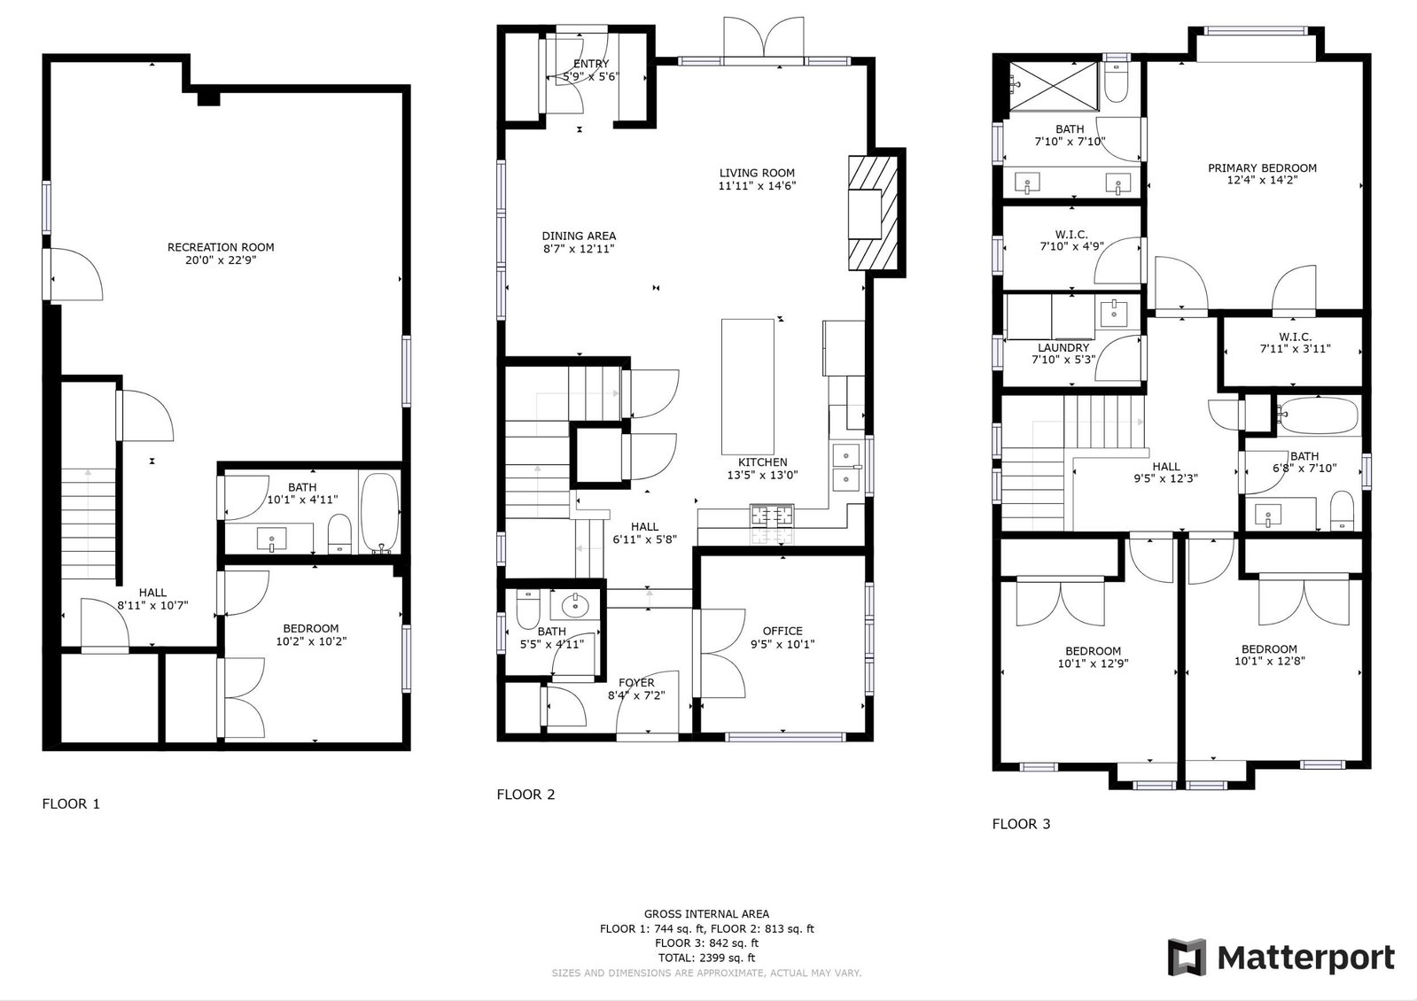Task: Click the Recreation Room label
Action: [x=221, y=247]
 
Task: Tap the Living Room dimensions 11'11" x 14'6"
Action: [x=757, y=186]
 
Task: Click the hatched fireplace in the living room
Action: [x=873, y=213]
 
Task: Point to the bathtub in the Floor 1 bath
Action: [x=379, y=513]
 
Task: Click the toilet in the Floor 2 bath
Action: [x=527, y=609]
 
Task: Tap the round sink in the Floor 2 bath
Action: [x=575, y=607]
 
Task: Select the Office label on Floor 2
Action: [x=782, y=631]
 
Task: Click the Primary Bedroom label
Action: [x=1262, y=168]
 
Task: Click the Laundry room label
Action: [x=1063, y=348]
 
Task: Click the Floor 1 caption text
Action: [x=71, y=803]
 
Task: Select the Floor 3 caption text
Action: [x=1021, y=824]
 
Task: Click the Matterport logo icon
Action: [x=1187, y=957]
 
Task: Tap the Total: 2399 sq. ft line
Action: [x=706, y=958]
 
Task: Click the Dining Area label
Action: [x=579, y=236]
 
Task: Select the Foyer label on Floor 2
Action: [x=636, y=683]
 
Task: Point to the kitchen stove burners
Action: [x=772, y=516]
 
